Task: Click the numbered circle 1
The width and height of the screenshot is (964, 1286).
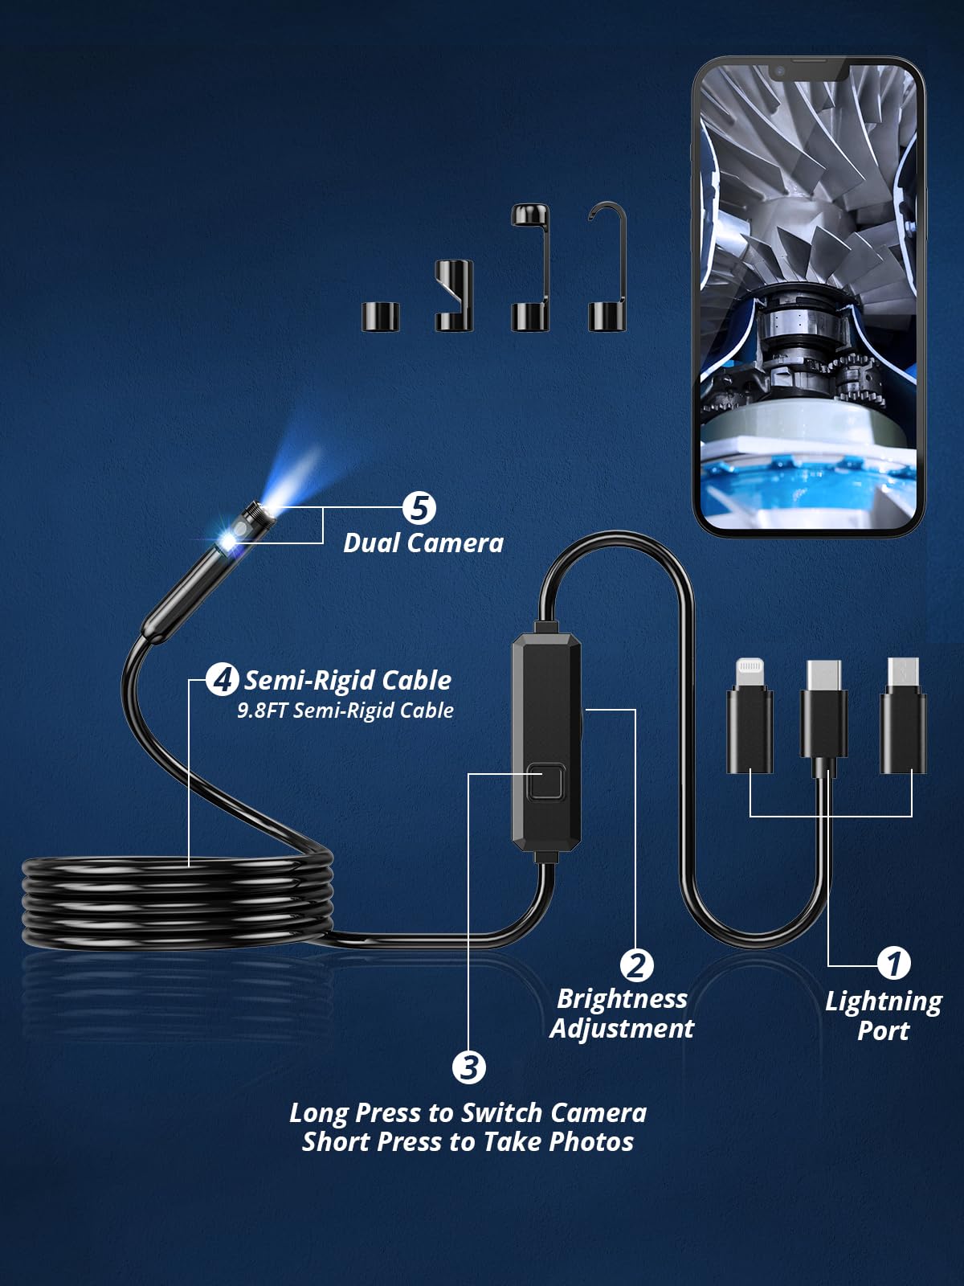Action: point(893,964)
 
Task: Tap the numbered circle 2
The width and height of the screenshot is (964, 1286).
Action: point(636,965)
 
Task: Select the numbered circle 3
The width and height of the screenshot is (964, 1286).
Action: point(469,1067)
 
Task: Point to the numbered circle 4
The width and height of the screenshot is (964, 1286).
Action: point(222,680)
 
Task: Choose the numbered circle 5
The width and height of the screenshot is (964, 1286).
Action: point(419,508)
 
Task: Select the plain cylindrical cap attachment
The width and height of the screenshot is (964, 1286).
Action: point(381,317)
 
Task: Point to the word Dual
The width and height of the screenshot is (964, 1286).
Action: point(372,543)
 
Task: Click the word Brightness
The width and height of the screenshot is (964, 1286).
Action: point(622,999)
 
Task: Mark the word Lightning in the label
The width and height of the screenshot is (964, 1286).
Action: point(883,1001)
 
